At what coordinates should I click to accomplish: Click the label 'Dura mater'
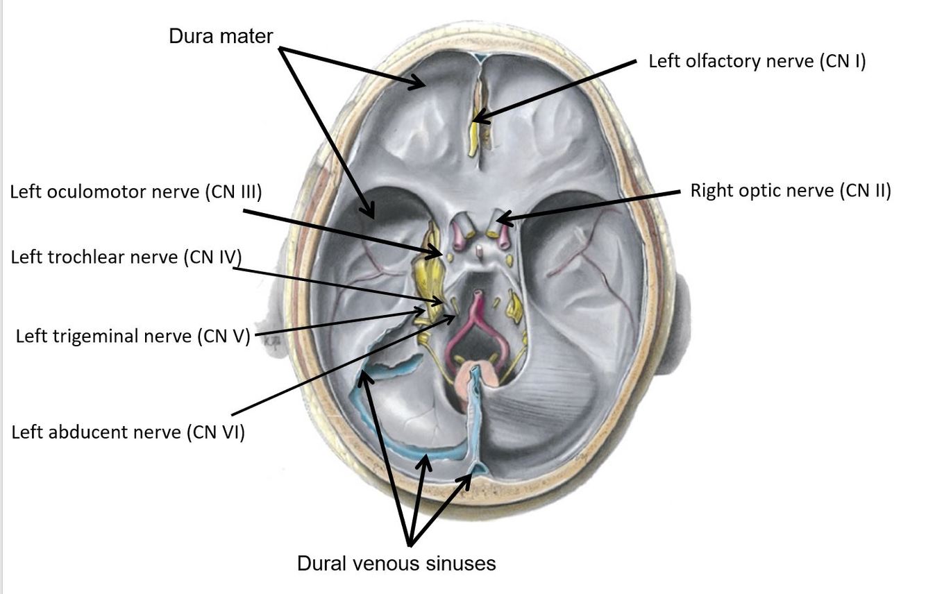pos(221,36)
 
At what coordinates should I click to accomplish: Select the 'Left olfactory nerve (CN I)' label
pos(757,61)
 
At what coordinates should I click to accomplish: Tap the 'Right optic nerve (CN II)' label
pos(790,191)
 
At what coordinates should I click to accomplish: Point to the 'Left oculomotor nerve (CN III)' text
pos(135,192)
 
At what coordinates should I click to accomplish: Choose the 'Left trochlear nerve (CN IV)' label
pos(126,257)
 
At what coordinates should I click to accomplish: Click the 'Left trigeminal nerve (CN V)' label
pos(132,337)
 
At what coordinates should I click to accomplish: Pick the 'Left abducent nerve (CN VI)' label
pos(128,432)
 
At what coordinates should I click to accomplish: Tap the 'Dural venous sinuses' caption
pos(396,563)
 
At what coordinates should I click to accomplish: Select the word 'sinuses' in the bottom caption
pos(463,563)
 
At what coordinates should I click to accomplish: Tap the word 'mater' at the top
pos(248,36)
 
